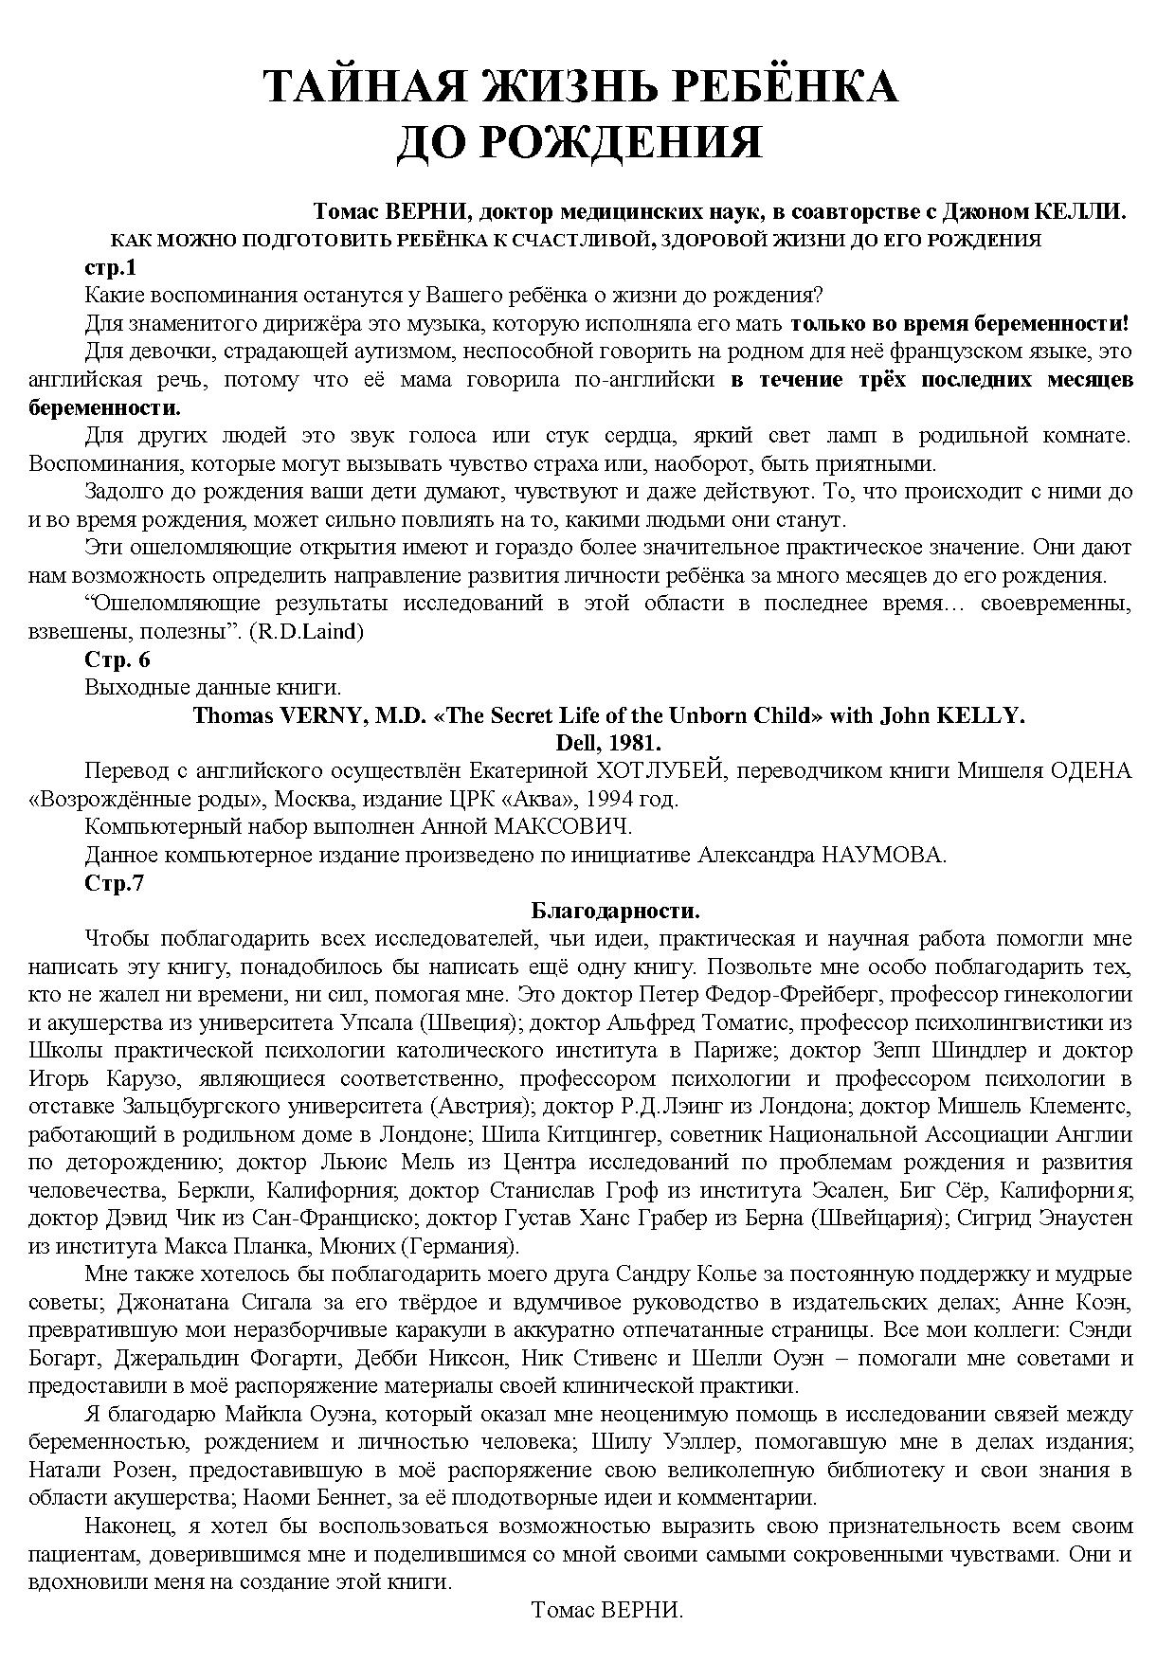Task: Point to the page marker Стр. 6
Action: coord(117,659)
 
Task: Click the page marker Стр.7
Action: coord(114,883)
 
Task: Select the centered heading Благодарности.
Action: coord(615,912)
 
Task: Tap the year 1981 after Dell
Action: coord(635,742)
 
